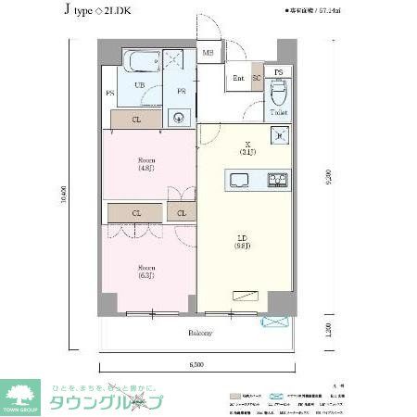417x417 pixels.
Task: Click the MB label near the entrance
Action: [208, 55]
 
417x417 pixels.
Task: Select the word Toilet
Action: [279, 113]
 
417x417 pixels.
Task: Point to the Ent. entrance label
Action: [238, 79]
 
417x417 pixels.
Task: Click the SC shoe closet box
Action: [256, 79]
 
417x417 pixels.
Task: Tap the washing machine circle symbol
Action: [182, 118]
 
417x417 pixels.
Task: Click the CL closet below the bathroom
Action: [136, 119]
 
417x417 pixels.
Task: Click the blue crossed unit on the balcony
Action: [275, 322]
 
